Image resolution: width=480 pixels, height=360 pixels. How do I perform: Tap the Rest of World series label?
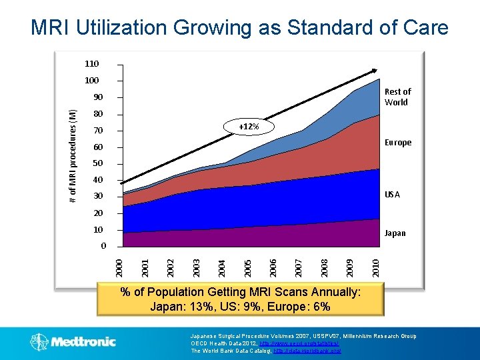point(397,97)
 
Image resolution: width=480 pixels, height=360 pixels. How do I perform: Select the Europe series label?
point(398,143)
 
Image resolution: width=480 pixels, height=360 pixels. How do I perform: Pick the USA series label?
point(393,195)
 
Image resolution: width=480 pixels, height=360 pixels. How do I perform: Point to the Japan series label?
point(395,233)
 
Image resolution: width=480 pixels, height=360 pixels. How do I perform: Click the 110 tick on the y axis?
point(91,64)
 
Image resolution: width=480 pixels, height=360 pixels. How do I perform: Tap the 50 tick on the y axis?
point(97,163)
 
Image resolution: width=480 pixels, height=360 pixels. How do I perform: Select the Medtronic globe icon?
point(39,342)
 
